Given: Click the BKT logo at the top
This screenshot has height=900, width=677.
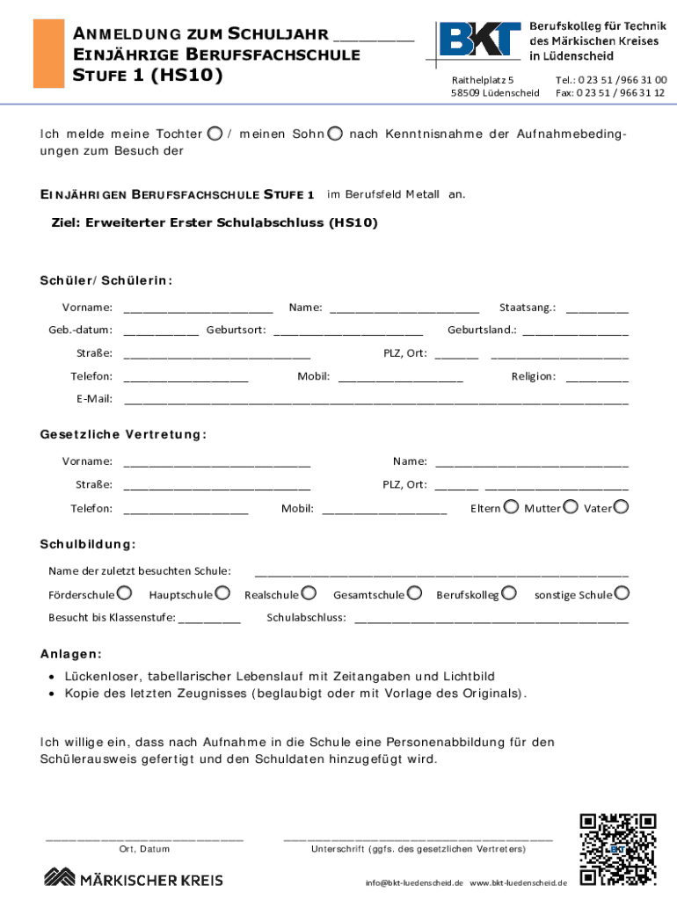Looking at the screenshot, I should [x=479, y=41].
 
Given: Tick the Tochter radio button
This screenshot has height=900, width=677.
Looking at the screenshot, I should [x=215, y=134].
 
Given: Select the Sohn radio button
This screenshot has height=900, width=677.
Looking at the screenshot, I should [x=335, y=134].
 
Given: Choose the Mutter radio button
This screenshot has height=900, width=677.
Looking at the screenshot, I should [x=571, y=507].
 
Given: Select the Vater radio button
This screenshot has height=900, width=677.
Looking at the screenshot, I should [x=622, y=507].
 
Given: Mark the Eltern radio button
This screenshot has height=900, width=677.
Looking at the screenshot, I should [x=511, y=507].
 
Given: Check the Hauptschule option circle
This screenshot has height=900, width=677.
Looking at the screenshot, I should [x=222, y=594].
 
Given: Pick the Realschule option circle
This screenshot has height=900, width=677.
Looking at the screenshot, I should [x=309, y=594].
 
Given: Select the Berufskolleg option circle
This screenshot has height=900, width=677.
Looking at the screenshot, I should [x=509, y=594].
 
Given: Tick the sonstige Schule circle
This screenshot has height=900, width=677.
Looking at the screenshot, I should [x=622, y=594].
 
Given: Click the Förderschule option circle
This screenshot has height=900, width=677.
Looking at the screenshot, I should [x=125, y=594].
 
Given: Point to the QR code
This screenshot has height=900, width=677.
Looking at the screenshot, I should [x=618, y=849].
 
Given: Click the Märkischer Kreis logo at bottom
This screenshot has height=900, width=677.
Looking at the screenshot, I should [x=134, y=878].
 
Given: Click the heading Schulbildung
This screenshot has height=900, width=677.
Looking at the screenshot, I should [x=88, y=545].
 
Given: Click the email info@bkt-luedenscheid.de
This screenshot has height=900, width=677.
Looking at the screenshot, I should [x=414, y=882].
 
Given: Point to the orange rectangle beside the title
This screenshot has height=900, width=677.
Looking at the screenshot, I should [x=47, y=54].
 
